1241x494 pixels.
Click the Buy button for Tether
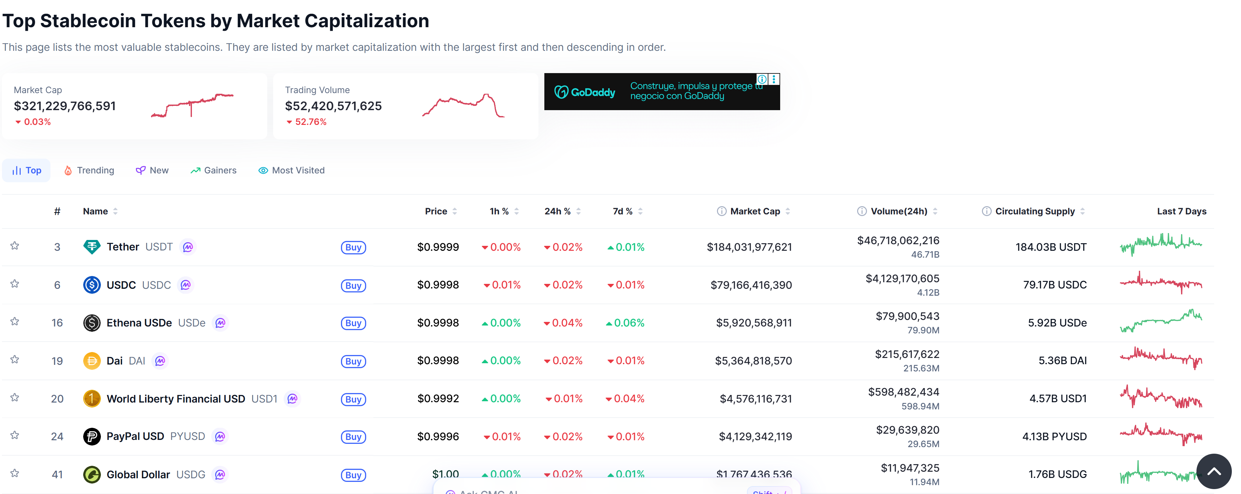tap(353, 247)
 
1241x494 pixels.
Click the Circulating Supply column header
tap(1034, 211)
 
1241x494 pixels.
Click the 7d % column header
tap(622, 211)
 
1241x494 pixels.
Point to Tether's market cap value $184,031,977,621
tap(749, 247)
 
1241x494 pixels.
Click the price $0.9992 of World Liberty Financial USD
tap(438, 399)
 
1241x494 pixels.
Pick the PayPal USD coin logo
tap(91, 437)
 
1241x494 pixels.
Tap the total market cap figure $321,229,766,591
tap(65, 106)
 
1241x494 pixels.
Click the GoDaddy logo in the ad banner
tap(585, 91)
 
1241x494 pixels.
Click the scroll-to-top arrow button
tap(1213, 471)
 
